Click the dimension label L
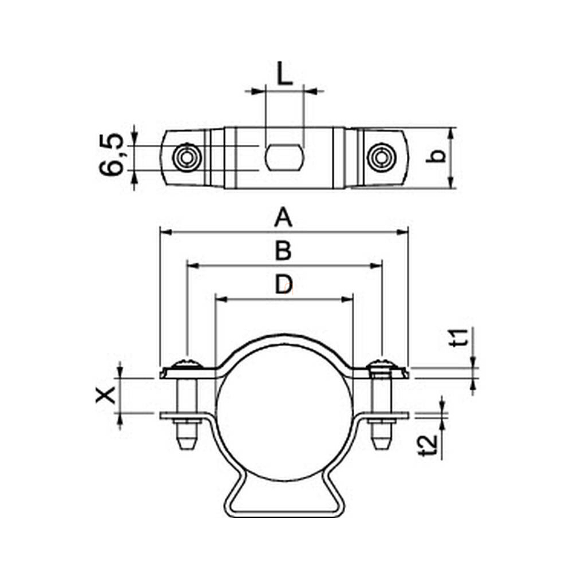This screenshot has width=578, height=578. click(284, 73)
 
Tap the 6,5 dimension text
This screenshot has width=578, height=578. click(112, 154)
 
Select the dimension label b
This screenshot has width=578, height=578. click(436, 156)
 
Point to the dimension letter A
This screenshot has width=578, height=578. click(283, 217)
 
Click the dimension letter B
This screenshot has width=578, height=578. click(283, 251)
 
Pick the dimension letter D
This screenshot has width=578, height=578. click(284, 284)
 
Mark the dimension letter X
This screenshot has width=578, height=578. click(106, 395)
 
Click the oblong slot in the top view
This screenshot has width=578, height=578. click(284, 158)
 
